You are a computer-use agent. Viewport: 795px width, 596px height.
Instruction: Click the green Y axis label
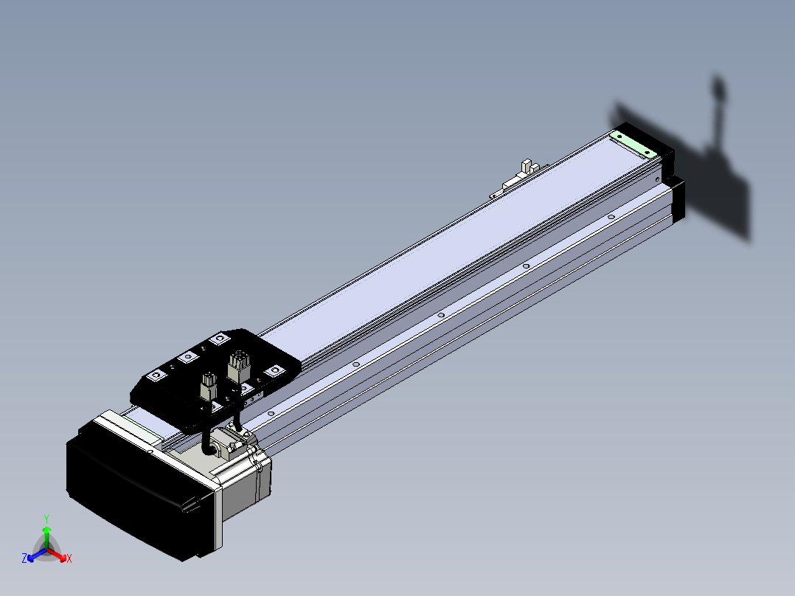pos(46,519)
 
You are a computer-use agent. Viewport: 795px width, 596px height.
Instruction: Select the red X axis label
pos(69,558)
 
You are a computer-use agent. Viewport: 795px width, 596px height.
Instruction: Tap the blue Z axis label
pos(24,558)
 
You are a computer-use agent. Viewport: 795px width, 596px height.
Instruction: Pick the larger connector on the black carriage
pos(238,366)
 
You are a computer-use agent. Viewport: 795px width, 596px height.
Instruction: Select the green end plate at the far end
pos(633,144)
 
